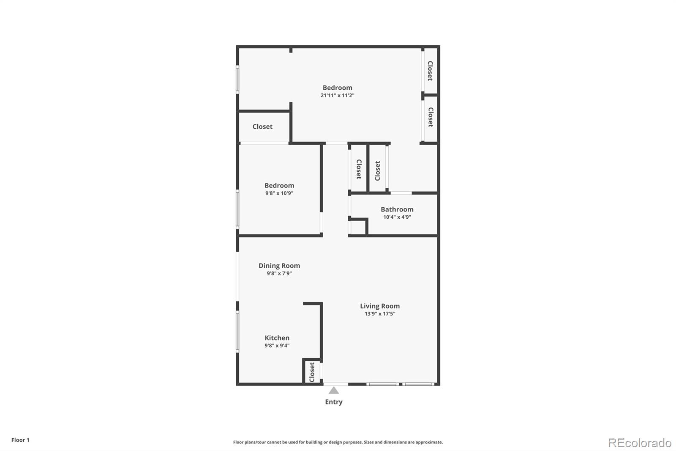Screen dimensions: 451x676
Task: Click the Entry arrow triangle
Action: [334, 390]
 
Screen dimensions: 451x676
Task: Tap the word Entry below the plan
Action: [334, 402]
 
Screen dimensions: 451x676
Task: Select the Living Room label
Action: [380, 306]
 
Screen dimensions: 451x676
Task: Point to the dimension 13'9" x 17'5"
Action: [380, 313]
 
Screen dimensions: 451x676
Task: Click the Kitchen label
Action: [277, 338]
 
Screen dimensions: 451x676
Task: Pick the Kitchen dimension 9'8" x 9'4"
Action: [277, 345]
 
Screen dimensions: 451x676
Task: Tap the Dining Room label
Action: [279, 266]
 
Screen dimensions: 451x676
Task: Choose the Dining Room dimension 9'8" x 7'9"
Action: [279, 273]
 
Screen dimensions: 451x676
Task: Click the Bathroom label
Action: [397, 209]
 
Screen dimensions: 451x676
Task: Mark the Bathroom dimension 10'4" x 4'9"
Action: [397, 217]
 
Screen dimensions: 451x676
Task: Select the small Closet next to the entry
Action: [312, 372]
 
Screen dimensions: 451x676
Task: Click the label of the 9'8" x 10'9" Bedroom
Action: [279, 185]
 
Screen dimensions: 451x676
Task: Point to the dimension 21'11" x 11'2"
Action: [337, 95]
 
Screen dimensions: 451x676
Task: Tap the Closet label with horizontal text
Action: [262, 126]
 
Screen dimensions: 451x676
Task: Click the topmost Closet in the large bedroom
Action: [430, 71]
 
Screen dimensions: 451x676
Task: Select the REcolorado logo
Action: [640, 443]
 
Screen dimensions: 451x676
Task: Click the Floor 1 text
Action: [20, 440]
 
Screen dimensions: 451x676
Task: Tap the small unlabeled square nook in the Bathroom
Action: [358, 227]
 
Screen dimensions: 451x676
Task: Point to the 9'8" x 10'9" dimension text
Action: [279, 193]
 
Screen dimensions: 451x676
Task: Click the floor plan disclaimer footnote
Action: [338, 442]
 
